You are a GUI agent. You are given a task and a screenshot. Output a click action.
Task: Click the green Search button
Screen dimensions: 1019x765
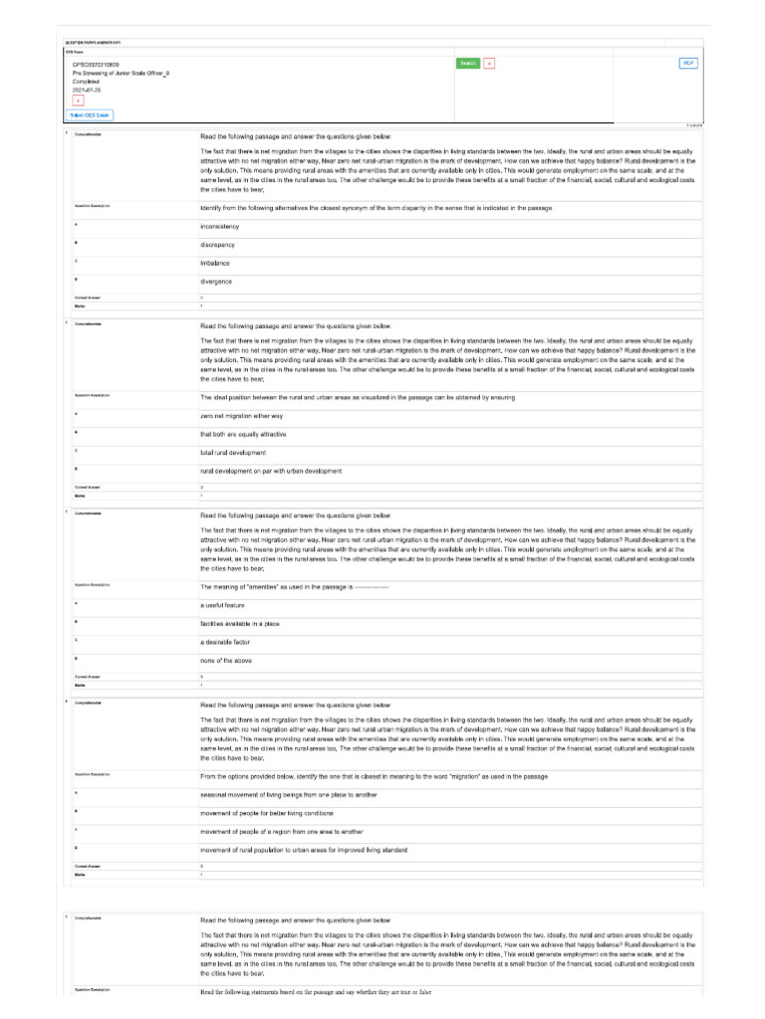tap(468, 63)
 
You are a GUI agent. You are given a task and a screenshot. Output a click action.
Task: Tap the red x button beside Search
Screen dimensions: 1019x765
tap(489, 63)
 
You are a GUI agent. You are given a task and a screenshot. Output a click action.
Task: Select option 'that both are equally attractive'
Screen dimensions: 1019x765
tap(245, 434)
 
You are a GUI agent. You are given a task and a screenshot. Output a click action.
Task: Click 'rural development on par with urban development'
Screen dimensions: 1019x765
tap(271, 471)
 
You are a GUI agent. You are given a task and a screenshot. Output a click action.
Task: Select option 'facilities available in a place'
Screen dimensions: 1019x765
tap(244, 623)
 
